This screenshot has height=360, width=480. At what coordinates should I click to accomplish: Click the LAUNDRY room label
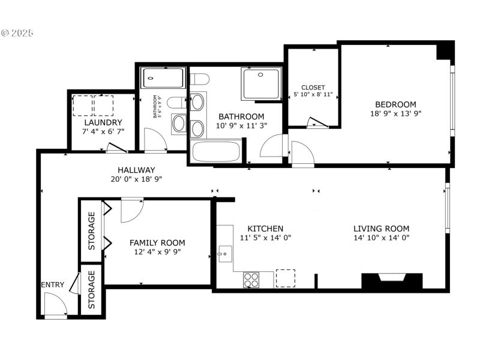coord(103,122)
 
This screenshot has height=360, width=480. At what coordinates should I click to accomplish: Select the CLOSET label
coord(313,87)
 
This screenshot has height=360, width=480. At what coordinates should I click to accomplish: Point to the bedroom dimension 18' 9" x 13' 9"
coord(395,113)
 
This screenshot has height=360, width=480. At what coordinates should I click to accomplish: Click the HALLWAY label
coord(136,170)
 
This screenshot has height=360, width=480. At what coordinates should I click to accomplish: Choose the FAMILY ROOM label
coord(157,243)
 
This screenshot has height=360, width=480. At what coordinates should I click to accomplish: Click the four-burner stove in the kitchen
coord(251,280)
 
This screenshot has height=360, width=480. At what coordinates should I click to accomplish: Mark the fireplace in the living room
coord(392,281)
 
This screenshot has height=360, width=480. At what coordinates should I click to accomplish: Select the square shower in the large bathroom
coord(260,84)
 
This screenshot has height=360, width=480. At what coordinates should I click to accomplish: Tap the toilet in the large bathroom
coord(199,78)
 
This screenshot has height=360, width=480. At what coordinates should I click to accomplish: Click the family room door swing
coord(131,209)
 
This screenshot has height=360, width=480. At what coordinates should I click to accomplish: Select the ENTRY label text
coord(52,285)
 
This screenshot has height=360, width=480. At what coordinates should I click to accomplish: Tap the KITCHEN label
coord(265,229)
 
